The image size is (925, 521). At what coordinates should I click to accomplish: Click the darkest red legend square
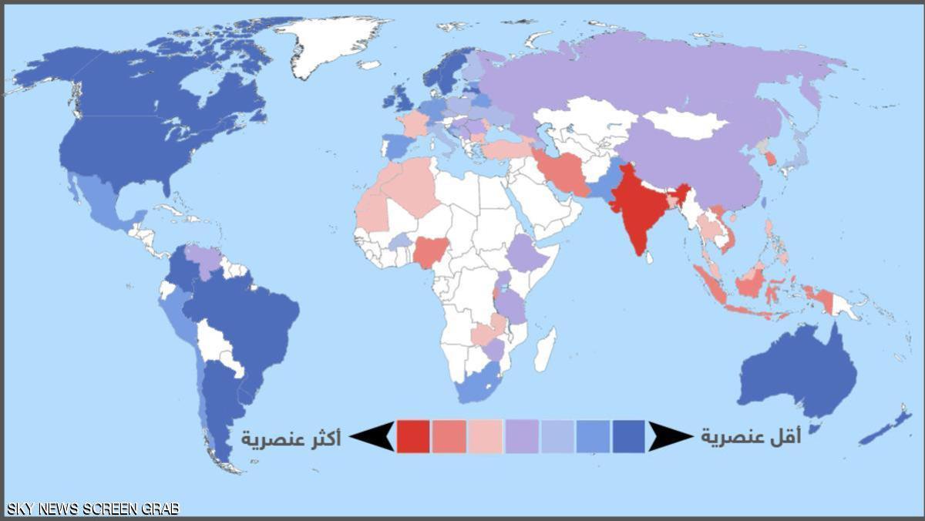pos(413,436)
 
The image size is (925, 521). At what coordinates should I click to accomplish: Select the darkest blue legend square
pos(629,436)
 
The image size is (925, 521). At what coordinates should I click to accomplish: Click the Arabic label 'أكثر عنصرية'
pos(291,438)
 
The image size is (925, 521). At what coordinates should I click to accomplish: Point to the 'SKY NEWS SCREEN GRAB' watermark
pos(92,509)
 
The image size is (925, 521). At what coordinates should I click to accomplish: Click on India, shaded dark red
pos(638,208)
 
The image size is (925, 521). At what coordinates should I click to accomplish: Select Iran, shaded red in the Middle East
pos(563,173)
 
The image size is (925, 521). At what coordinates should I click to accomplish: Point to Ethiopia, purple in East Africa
pos(529,254)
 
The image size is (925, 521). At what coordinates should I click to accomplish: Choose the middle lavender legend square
pos(521,436)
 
